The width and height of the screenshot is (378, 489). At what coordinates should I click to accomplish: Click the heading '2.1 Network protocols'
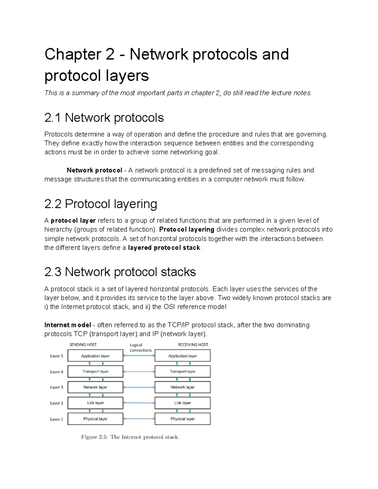[x=104, y=118]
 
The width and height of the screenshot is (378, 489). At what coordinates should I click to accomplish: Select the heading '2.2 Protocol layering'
[x=100, y=204]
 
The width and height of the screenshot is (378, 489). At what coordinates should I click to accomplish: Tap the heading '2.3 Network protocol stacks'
[x=120, y=272]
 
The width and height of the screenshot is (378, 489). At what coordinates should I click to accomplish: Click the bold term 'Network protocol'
[x=94, y=170]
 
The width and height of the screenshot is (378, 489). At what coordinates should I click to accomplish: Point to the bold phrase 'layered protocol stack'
[x=164, y=248]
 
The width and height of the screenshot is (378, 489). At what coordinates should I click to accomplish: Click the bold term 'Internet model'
[x=68, y=325]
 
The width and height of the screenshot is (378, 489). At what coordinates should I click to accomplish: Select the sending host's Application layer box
[x=95, y=356]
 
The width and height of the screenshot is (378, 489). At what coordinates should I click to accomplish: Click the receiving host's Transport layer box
[x=182, y=372]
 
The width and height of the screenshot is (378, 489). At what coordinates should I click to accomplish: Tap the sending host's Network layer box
[x=95, y=387]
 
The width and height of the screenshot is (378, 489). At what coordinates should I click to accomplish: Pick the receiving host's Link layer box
[x=182, y=403]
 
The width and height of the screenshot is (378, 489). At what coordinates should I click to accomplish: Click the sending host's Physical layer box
[x=95, y=419]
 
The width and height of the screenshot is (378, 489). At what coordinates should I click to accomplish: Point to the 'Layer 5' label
[x=57, y=356]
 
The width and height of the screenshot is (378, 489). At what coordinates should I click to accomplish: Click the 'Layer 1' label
[x=57, y=419]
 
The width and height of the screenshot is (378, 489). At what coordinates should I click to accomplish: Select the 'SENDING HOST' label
[x=83, y=345]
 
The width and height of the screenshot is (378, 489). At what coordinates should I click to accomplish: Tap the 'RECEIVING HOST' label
[x=193, y=345]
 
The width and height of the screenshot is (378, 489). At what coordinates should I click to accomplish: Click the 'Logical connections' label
[x=140, y=348]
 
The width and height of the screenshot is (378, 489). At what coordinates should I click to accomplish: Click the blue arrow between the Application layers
[x=139, y=356]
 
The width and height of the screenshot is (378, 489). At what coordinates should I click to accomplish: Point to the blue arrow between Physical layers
[x=139, y=419]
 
